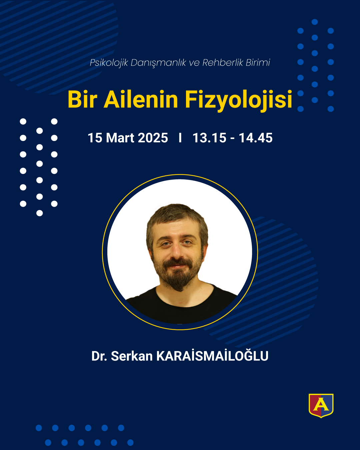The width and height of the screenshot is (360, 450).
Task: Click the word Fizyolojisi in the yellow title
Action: tap(238, 100)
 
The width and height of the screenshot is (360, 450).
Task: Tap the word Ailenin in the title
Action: tap(141, 100)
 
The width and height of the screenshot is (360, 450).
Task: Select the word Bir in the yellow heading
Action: tap(82, 100)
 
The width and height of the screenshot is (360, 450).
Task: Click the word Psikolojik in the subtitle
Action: tap(109, 63)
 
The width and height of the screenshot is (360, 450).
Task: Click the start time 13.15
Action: tap(209, 138)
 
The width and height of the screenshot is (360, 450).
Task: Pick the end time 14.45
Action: tap(256, 138)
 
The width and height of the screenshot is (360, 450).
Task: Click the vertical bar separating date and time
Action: tap(180, 138)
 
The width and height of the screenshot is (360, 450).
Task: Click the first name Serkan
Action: tap(132, 356)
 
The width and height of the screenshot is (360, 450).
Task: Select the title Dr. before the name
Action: tap(99, 356)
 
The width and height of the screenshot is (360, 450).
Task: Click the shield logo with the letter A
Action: tap(321, 406)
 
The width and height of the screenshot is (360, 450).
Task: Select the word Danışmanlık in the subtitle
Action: tap(158, 63)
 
